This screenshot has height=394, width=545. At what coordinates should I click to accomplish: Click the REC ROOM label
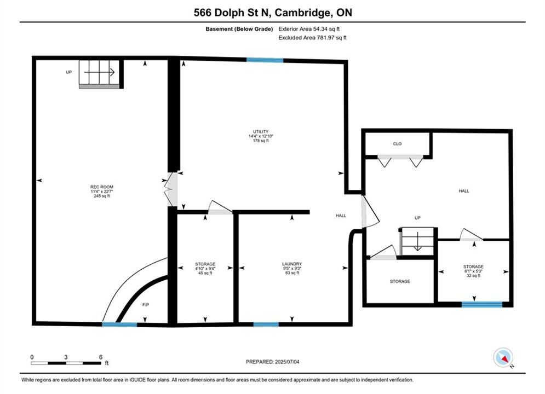pyautogui.click(x=102, y=187)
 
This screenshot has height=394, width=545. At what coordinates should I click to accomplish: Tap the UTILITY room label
pyautogui.click(x=261, y=131)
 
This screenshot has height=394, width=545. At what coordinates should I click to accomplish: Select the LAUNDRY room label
pyautogui.click(x=292, y=264)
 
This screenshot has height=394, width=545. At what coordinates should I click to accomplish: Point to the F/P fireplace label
pyautogui.click(x=146, y=305)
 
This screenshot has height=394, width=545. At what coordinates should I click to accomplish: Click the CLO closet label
pyautogui.click(x=397, y=144)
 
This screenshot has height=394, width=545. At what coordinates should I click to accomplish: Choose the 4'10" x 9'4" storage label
pyautogui.click(x=205, y=268)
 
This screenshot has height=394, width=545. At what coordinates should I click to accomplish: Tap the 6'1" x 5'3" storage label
pyautogui.click(x=473, y=271)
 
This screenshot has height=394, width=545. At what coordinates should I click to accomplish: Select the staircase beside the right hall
pyautogui.click(x=417, y=242)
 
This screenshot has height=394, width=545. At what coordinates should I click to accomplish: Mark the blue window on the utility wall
pyautogui.click(x=265, y=60)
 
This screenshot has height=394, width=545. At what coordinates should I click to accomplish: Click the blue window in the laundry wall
pyautogui.click(x=266, y=325)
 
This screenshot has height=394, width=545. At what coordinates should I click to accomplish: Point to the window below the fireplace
pyautogui.click(x=119, y=325)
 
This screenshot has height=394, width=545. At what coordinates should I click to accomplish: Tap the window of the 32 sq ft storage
pyautogui.click(x=482, y=304)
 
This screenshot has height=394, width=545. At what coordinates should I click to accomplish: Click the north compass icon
pyautogui.click(x=503, y=357)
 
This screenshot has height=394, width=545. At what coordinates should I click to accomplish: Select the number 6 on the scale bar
pyautogui.click(x=101, y=357)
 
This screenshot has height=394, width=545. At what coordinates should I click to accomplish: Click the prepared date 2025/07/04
pyautogui.click(x=287, y=362)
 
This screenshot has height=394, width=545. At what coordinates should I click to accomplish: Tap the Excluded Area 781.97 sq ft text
pyautogui.click(x=312, y=38)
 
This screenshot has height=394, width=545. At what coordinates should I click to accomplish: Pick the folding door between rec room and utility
pyautogui.click(x=171, y=189)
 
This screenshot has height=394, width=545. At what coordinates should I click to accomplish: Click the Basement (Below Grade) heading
pyautogui.click(x=239, y=29)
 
